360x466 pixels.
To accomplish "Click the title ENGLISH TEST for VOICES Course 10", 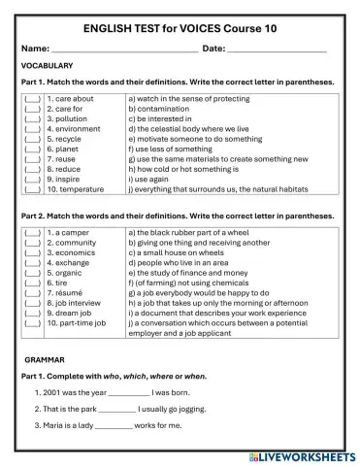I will (x=180, y=29).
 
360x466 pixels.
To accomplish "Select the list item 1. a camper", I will (x=69, y=233).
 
